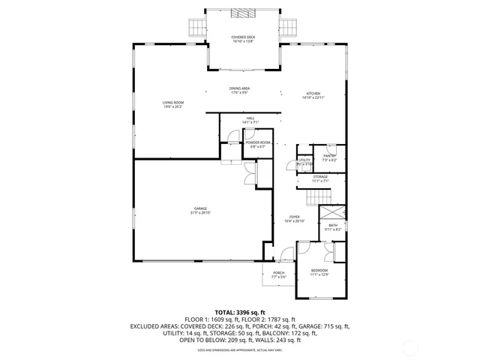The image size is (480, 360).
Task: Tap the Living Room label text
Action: [x=173, y=104]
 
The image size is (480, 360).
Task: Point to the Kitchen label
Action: [x=312, y=96]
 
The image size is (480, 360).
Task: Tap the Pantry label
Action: [x=330, y=157]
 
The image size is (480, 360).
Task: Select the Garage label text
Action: [x=200, y=210]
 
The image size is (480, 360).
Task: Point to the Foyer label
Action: [x=295, y=219]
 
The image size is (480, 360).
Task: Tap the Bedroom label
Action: [x=319, y=271]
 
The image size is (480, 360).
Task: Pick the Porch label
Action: [x=278, y=274]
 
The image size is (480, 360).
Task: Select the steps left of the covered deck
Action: [x=196, y=27]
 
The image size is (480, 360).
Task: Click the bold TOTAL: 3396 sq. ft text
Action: [x=240, y=311]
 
